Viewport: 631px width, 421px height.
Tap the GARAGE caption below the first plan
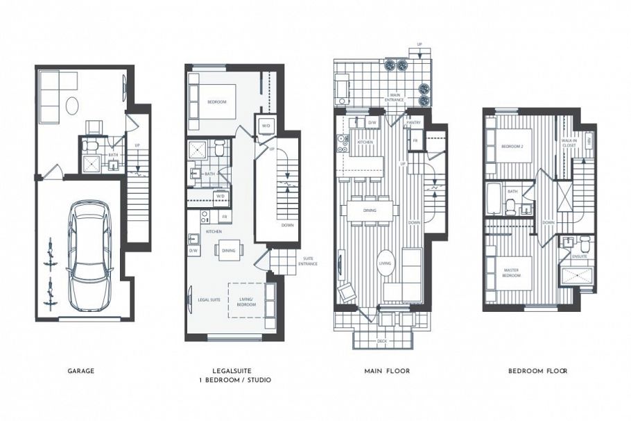pyautogui.click(x=82, y=371)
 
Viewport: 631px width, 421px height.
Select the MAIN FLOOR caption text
pyautogui.click(x=387, y=371)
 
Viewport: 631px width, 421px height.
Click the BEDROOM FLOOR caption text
pyautogui.click(x=537, y=371)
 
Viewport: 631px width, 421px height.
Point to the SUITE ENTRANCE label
pyautogui.click(x=309, y=261)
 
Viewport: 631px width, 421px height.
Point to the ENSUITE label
pyautogui.click(x=579, y=256)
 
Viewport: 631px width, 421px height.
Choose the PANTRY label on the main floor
pyautogui.click(x=414, y=122)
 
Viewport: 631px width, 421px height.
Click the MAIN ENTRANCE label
pyautogui.click(x=395, y=97)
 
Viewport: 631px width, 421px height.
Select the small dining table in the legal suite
pyautogui.click(x=228, y=249)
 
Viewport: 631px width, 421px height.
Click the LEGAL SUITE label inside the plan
pyautogui.click(x=209, y=299)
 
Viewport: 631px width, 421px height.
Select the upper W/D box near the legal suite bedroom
pyautogui.click(x=266, y=126)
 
